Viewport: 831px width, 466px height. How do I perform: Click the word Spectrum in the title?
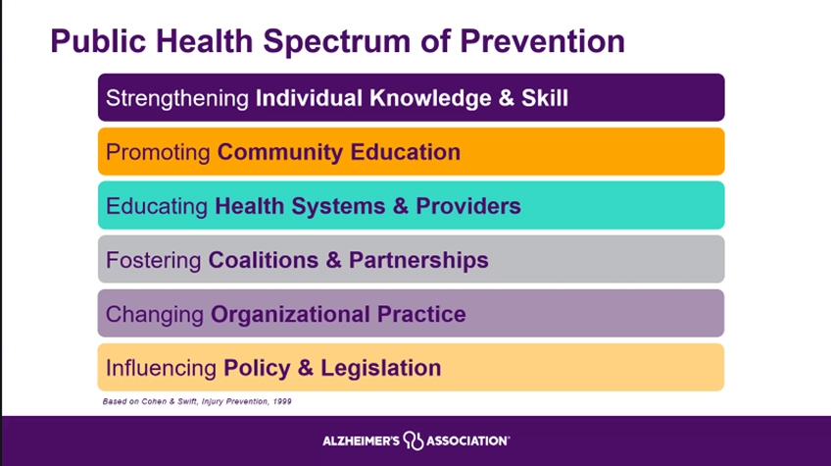[336, 41]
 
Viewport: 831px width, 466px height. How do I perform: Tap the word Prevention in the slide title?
[542, 41]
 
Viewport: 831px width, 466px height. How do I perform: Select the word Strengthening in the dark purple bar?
[177, 99]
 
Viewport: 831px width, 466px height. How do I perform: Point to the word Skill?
[544, 98]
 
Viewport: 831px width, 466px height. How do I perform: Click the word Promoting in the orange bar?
[158, 153]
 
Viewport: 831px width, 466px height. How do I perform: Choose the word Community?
[280, 153]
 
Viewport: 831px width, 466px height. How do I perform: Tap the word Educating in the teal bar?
[157, 206]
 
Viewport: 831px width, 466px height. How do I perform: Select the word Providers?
[468, 206]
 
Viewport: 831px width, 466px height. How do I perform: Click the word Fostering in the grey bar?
[153, 261]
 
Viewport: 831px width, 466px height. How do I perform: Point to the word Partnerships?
[418, 261]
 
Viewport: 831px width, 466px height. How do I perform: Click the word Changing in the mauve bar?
[154, 315]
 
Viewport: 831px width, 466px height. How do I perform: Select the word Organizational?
[290, 315]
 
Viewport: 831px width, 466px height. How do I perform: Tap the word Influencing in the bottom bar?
[161, 368]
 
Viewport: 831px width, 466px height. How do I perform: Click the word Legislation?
[380, 368]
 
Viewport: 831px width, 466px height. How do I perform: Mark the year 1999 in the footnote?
[282, 401]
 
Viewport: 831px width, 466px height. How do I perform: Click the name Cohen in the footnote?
[154, 401]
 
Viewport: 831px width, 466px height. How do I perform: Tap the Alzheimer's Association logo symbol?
[414, 440]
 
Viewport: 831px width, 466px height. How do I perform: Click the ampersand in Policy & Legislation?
[306, 368]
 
